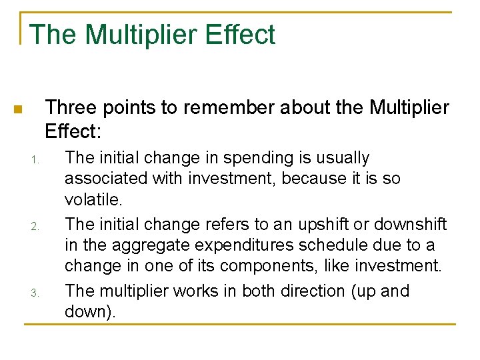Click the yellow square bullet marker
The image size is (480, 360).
(19, 109)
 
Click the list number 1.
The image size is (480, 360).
(36, 160)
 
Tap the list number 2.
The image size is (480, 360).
(36, 227)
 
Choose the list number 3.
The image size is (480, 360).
(36, 293)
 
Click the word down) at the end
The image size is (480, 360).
(90, 311)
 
